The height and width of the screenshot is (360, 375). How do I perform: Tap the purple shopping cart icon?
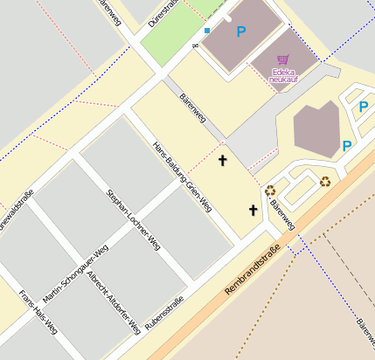point(282,60)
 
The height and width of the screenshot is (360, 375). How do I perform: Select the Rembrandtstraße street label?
point(252,269)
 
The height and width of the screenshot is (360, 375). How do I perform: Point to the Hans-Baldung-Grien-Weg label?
point(182,177)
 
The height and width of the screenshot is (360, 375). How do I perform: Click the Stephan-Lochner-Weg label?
point(133,216)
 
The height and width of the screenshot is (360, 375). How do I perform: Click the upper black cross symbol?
point(223,160)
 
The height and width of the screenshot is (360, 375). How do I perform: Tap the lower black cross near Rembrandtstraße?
point(253,210)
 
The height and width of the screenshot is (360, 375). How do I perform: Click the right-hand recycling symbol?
point(325,182)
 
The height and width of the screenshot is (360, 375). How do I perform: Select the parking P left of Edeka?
point(241,31)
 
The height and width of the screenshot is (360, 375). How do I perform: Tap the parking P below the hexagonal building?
point(347,146)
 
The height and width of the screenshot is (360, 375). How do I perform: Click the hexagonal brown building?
point(316,128)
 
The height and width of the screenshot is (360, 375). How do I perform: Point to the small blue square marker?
point(207,31)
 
